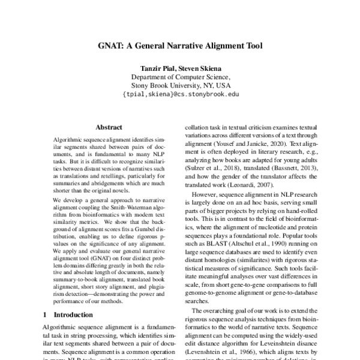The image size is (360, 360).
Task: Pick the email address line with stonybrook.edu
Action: [180, 94]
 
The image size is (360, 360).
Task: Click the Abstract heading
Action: [109, 127]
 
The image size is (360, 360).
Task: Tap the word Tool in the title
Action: [250, 45]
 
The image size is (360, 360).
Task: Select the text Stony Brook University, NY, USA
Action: [180, 85]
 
